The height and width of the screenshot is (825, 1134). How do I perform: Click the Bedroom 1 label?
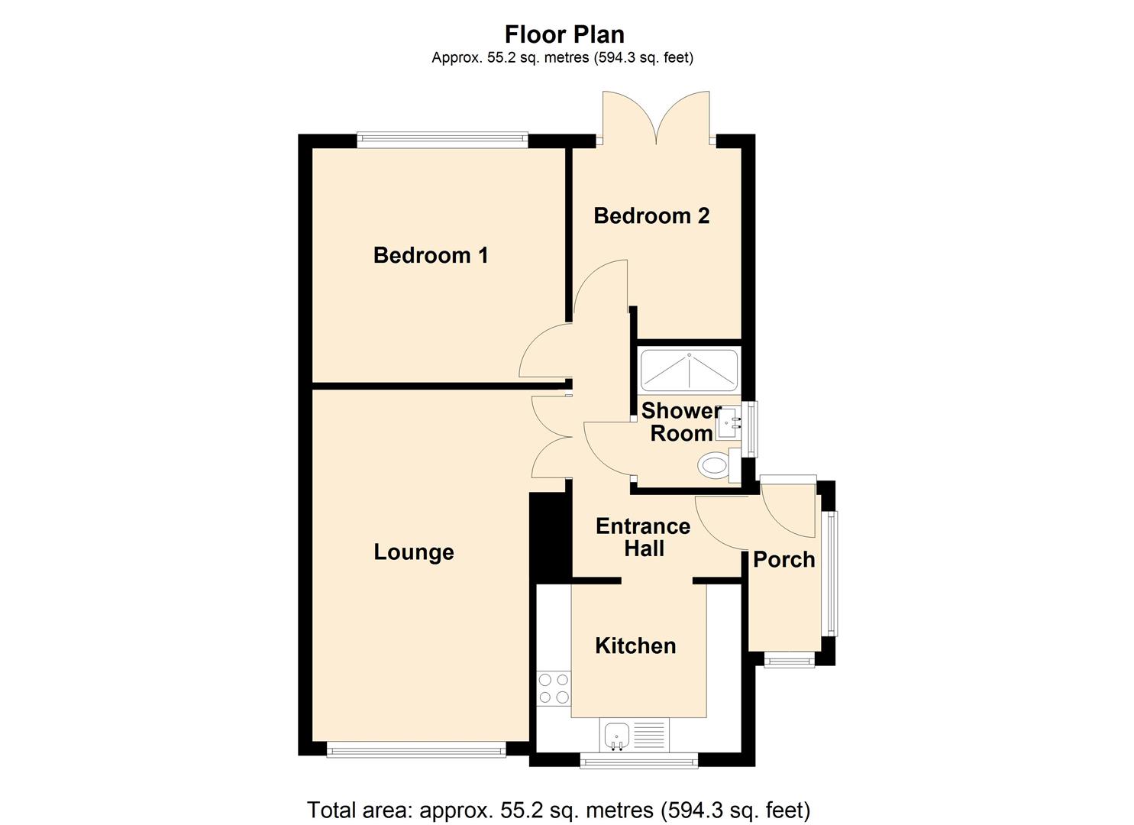coord(431,255)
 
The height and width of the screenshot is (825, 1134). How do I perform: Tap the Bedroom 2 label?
coord(651,216)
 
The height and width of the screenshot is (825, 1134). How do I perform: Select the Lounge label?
coord(414,552)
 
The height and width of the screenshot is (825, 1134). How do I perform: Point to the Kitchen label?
coord(635,646)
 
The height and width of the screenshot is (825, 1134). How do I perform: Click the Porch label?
coord(783,560)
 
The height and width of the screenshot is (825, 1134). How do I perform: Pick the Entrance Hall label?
coord(643,537)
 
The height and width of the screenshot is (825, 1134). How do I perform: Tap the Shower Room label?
coord(680,422)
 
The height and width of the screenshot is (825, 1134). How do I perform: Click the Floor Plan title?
coord(564,34)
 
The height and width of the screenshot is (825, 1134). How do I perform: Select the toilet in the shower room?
coord(715,465)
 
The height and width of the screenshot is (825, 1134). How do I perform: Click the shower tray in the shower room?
coord(689,370)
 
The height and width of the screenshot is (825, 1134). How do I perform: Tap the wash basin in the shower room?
coord(729,422)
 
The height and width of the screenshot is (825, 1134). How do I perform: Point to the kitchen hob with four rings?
coord(553,687)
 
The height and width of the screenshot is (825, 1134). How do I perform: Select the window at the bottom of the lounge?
coord(416,751)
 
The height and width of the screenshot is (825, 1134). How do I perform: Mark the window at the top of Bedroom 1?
coord(442,139)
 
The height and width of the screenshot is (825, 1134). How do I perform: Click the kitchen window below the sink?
coord(638,760)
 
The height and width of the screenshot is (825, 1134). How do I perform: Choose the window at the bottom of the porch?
coord(790,659)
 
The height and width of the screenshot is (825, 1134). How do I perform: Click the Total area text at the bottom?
coord(558,809)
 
